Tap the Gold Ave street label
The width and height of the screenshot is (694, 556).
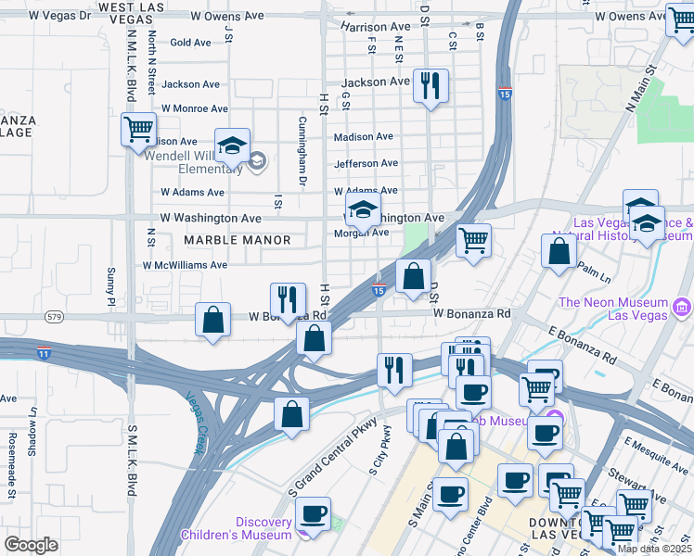coord(191,43)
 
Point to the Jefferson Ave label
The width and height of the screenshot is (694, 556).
coord(366,163)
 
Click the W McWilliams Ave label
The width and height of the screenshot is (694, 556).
coord(184,265)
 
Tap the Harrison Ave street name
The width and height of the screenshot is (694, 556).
coord(375,27)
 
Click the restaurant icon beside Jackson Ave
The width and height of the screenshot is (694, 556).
coord(430,87)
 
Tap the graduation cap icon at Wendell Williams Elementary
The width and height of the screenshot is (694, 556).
coord(232,146)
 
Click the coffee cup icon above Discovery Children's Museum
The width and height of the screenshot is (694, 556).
coord(313,512)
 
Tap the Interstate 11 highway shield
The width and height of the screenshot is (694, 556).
coord(44,353)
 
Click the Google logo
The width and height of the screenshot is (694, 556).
coord(31,545)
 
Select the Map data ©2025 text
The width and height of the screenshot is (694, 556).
coord(654,549)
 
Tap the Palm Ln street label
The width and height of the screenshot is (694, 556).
coord(595,273)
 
